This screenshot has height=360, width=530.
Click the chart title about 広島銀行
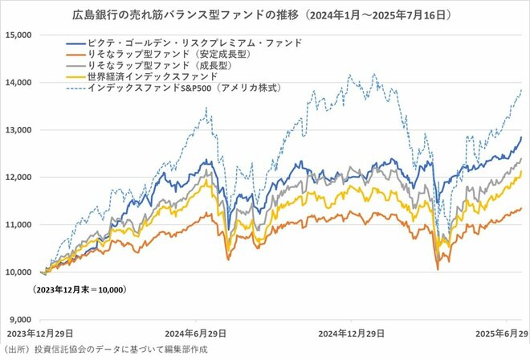pyautogui.click(x=264, y=14)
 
